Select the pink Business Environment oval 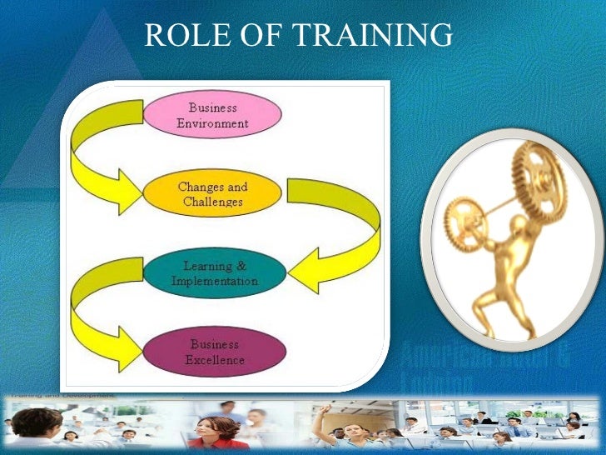(212, 115)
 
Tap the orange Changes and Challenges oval (212, 193)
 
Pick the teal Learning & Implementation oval (214, 273)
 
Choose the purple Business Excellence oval (216, 352)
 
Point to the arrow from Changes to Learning (333, 233)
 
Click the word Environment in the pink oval (212, 123)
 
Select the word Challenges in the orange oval (212, 202)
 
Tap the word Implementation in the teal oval (215, 282)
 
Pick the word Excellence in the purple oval (216, 361)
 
